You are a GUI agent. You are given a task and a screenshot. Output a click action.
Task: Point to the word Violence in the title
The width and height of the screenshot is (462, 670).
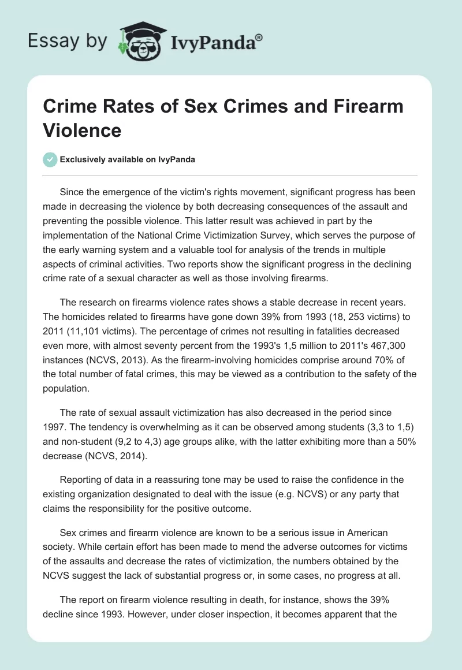[x=82, y=130]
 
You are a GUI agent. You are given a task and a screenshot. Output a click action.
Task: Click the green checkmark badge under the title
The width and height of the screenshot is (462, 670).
[x=51, y=159]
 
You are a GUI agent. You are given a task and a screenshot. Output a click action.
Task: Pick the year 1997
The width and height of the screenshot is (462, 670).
[x=55, y=427]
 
